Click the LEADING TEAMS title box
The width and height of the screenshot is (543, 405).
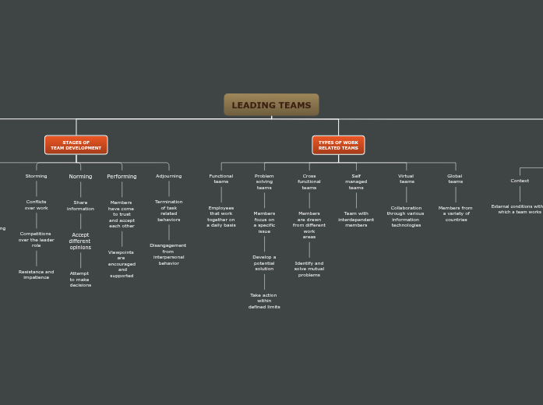pyautogui.click(x=271, y=105)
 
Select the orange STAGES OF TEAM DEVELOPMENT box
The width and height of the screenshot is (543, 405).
pyautogui.click(x=76, y=145)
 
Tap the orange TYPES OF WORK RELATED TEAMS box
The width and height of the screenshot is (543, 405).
pyautogui.click(x=338, y=145)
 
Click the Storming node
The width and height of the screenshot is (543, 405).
pyautogui.click(x=37, y=176)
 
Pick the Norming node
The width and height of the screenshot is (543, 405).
pyautogui.click(x=80, y=177)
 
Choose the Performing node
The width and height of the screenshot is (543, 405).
pyautogui.click(x=122, y=177)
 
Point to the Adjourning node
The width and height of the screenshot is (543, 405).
pyautogui.click(x=168, y=176)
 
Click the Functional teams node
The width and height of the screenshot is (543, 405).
pyautogui.click(x=221, y=179)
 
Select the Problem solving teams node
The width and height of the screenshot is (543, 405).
pyautogui.click(x=264, y=181)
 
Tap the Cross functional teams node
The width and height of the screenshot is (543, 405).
pyautogui.click(x=309, y=181)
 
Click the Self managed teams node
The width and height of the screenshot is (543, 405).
pyautogui.click(x=356, y=181)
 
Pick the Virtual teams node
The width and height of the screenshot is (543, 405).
pyautogui.click(x=406, y=179)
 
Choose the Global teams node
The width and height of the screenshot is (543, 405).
pyautogui.click(x=455, y=179)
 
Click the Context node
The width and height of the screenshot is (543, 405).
pyautogui.click(x=520, y=181)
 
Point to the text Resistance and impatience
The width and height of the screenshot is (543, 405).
pyautogui.click(x=37, y=274)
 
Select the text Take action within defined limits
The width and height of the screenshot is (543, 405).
pyautogui.click(x=264, y=301)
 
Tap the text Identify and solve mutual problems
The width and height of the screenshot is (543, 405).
pyautogui.click(x=309, y=269)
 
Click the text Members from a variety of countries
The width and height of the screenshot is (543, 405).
pyautogui.click(x=456, y=213)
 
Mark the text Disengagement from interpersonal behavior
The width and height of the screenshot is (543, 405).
pyautogui.click(x=168, y=254)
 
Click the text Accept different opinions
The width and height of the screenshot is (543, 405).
pyautogui.click(x=80, y=241)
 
